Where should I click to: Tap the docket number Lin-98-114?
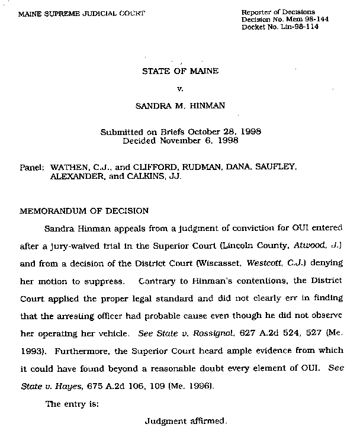coord(300,27)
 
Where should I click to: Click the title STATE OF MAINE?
coord(180,72)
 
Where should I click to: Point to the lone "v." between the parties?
coord(180,89)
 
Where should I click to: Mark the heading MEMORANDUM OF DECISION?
coord(84,210)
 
